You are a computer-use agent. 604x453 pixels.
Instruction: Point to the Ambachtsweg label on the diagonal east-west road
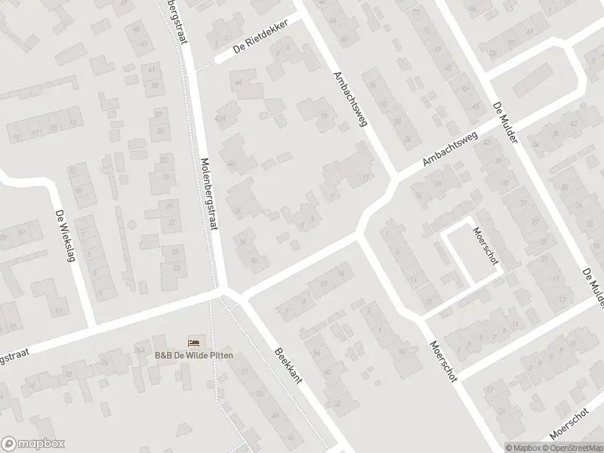click(x=451, y=148)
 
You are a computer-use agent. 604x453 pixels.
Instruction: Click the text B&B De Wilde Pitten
click(x=194, y=355)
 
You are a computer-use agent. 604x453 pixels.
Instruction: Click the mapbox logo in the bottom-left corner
click(x=33, y=443)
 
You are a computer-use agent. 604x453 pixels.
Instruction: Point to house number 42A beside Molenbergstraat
click(x=220, y=118)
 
